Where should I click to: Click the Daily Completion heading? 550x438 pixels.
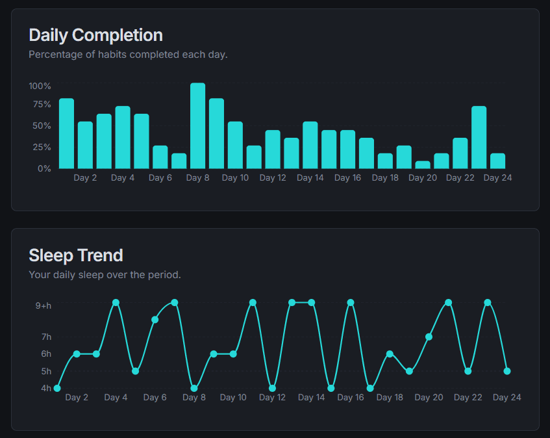point(95,34)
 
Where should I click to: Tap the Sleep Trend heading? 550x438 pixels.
point(75,255)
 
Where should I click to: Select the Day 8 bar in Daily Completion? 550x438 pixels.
point(197,126)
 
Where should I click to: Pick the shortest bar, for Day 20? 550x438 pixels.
point(423,165)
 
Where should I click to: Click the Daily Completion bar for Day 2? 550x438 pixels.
point(85,145)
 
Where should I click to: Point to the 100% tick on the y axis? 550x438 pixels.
point(40,86)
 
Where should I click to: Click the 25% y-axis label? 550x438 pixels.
point(42,147)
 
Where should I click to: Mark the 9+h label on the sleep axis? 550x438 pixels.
point(43,305)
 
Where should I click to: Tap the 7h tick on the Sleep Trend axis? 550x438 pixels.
point(46,337)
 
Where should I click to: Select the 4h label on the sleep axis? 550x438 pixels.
point(46,388)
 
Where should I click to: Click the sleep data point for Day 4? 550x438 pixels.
point(116,303)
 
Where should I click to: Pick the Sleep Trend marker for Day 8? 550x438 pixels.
point(194,388)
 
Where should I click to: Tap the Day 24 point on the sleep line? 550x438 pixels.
point(507,371)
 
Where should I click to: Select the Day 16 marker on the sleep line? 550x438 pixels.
point(351,303)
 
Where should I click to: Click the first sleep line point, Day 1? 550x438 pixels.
point(57,388)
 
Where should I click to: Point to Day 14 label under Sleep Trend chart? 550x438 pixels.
point(311,398)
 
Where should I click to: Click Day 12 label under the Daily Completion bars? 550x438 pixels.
point(272,178)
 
